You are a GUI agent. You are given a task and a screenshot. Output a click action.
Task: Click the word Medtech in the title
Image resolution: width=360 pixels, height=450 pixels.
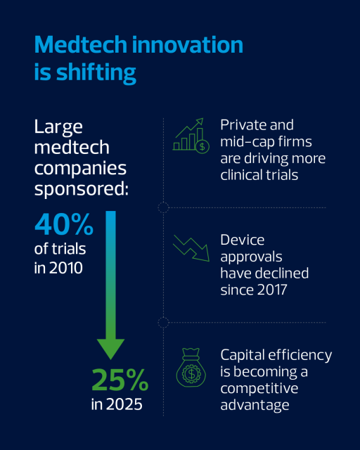point(81,45)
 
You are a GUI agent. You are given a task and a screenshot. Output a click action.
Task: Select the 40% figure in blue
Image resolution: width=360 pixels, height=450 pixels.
point(64,224)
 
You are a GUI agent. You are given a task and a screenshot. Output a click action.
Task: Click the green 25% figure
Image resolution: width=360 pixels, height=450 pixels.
point(120,380)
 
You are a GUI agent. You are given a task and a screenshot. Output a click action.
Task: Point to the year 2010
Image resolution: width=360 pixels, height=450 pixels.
point(65,268)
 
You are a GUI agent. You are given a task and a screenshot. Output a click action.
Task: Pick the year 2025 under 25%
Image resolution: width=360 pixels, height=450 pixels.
point(124,404)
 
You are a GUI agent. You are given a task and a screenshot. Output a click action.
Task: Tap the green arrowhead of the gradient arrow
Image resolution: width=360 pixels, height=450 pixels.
point(110,349)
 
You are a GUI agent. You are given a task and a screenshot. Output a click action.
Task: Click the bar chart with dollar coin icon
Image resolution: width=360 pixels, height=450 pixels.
point(191,136)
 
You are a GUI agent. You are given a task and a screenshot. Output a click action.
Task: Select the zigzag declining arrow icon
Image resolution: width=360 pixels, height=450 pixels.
point(191,248)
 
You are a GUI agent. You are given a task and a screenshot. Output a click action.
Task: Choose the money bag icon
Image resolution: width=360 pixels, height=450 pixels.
point(191,368)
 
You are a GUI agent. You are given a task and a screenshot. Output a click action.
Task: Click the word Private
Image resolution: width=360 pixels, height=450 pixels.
point(240,125)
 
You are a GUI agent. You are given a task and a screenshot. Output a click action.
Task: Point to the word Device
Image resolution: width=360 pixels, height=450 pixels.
point(243,240)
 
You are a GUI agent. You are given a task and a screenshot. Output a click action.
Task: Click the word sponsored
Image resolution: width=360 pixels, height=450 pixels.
point(82,190)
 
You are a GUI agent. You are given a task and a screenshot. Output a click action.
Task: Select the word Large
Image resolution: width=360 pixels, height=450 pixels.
point(58,127)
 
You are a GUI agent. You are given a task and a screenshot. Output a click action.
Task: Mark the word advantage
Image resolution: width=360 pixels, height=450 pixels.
point(255,405)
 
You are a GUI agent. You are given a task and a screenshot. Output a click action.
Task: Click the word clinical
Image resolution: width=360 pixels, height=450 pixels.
point(241,175)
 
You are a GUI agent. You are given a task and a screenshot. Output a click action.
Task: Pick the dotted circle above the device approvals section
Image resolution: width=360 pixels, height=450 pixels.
point(163,207)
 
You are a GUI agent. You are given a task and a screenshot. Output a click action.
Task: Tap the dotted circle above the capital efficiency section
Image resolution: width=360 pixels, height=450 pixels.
point(163,323)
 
